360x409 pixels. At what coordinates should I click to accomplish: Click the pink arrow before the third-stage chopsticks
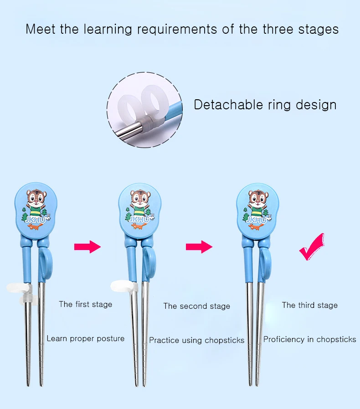199,246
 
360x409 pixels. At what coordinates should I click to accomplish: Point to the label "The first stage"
85,304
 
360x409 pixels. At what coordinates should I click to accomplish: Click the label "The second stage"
196,306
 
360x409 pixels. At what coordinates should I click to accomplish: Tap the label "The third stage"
309,305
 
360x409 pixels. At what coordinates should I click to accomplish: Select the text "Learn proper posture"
85,338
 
